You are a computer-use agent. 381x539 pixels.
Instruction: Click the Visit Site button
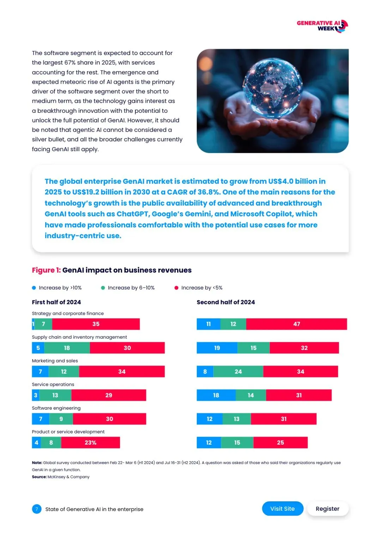pyautogui.click(x=283, y=509)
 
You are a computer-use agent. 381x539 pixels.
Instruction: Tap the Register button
pyautogui.click(x=327, y=509)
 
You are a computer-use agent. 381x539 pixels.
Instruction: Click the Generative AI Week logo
pyautogui.click(x=322, y=26)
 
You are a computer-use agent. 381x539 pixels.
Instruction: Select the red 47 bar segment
pyautogui.click(x=296, y=324)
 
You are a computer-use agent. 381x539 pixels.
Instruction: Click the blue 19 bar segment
pyautogui.click(x=217, y=348)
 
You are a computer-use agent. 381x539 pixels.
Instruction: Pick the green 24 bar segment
pyautogui.click(x=238, y=372)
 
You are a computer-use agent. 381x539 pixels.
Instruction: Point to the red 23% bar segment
pyautogui.click(x=90, y=443)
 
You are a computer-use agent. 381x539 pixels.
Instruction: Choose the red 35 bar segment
pyautogui.click(x=96, y=324)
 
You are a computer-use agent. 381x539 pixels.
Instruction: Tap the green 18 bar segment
pyautogui.click(x=67, y=348)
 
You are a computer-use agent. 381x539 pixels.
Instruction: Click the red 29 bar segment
pyautogui.click(x=109, y=395)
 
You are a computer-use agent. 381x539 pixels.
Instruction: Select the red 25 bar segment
pyautogui.click(x=280, y=443)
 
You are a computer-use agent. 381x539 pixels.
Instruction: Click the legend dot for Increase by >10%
pyautogui.click(x=34, y=288)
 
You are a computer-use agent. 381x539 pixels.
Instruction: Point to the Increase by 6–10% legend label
pyautogui.click(x=131, y=288)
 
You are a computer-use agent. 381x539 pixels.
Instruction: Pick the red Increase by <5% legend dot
pyautogui.click(x=176, y=288)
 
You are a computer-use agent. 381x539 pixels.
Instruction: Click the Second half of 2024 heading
pyautogui.click(x=226, y=302)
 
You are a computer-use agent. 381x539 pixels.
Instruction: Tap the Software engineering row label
pyautogui.click(x=56, y=408)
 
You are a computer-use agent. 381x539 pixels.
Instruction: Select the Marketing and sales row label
pyautogui.click(x=55, y=361)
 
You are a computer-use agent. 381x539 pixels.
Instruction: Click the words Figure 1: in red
pyautogui.click(x=46, y=270)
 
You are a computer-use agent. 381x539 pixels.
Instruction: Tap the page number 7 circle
pyautogui.click(x=37, y=509)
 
